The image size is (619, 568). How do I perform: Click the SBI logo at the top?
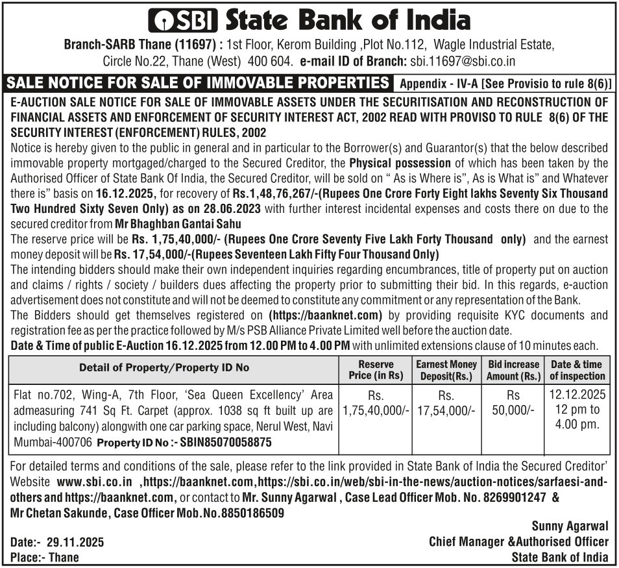click(184, 21)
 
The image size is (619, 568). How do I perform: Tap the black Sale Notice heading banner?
click(197, 83)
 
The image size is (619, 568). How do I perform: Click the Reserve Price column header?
click(376, 370)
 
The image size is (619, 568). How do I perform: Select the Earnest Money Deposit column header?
click(446, 370)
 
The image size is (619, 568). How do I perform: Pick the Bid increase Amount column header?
click(513, 370)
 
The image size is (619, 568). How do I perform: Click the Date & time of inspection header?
click(577, 370)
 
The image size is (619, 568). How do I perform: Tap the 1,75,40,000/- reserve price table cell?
click(376, 410)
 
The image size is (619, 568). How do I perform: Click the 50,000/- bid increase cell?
click(513, 410)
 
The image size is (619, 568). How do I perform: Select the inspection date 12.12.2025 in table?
click(577, 395)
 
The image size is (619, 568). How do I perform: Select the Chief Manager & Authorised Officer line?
click(518, 541)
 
